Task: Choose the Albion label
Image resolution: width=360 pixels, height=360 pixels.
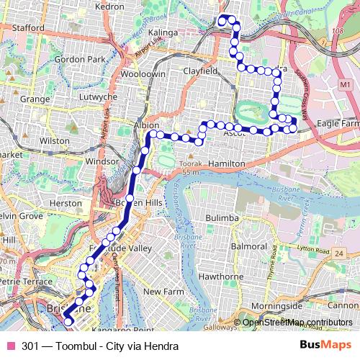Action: pos(146,125)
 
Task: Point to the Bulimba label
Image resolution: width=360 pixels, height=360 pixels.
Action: pos(221,217)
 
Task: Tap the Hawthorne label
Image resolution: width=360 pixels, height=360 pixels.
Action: pos(207,275)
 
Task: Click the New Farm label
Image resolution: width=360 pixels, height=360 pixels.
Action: pos(161,292)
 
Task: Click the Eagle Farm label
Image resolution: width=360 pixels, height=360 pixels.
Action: pos(338,124)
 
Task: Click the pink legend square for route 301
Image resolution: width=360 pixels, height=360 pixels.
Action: pos(12,346)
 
